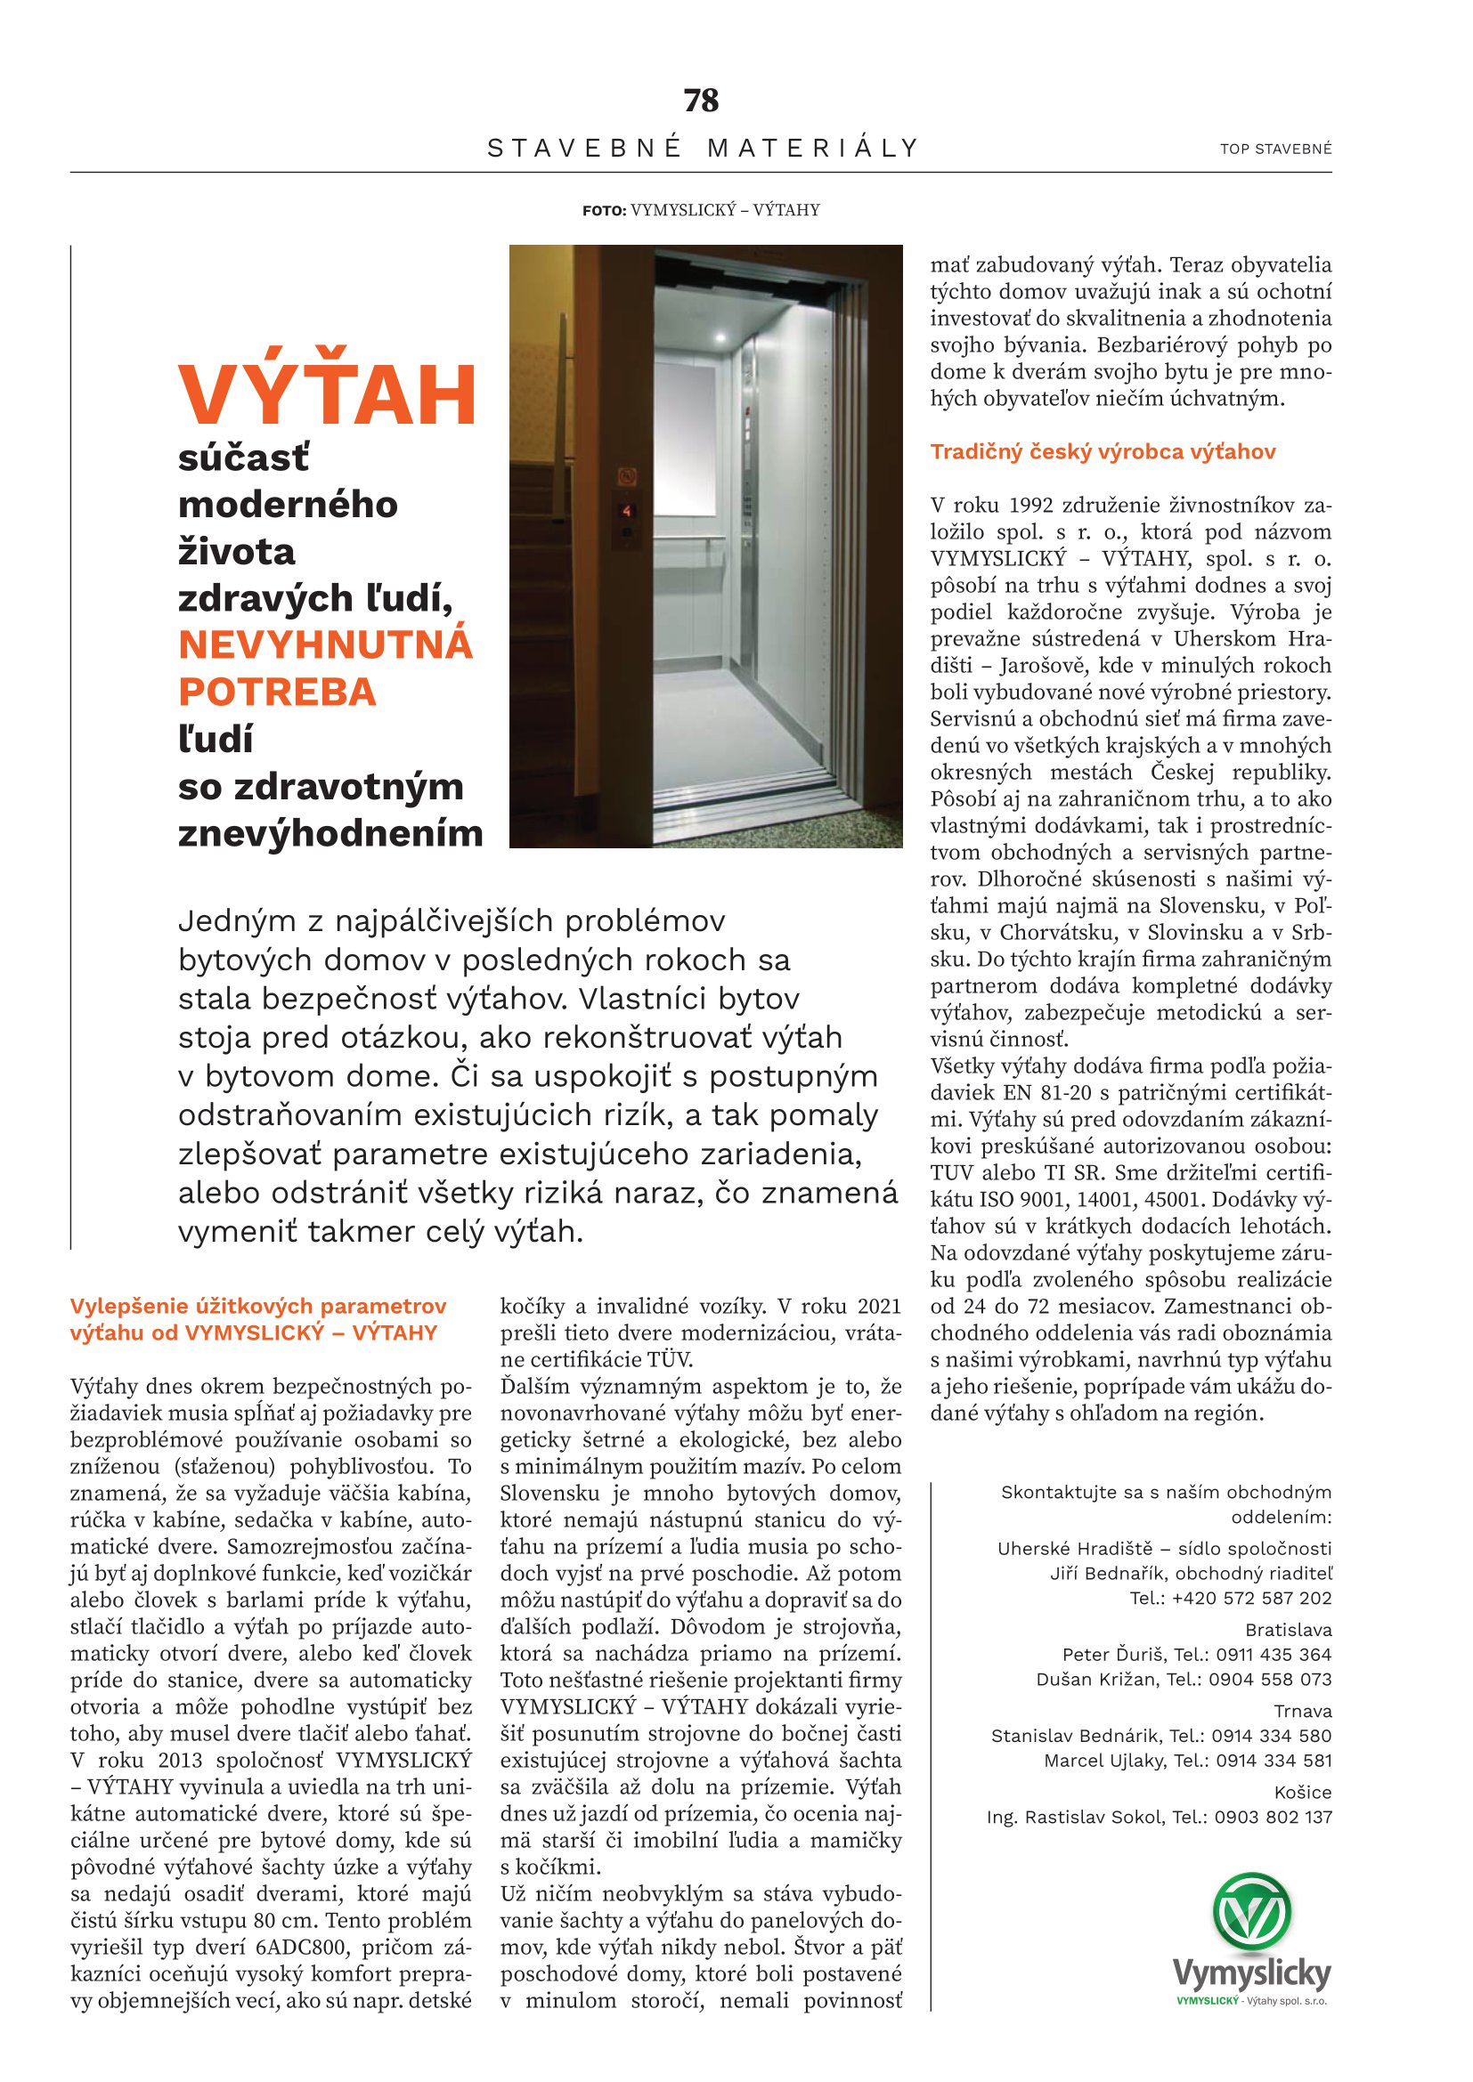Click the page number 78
tap(701, 101)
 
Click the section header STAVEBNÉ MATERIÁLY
tap(703, 148)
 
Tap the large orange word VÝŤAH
tap(328, 395)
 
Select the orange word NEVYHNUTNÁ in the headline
tap(326, 644)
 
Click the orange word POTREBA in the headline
tap(277, 692)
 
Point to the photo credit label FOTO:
tap(604, 210)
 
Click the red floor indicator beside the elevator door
tap(627, 512)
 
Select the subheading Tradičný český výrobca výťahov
tap(1103, 451)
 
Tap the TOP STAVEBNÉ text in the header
tap(1275, 149)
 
